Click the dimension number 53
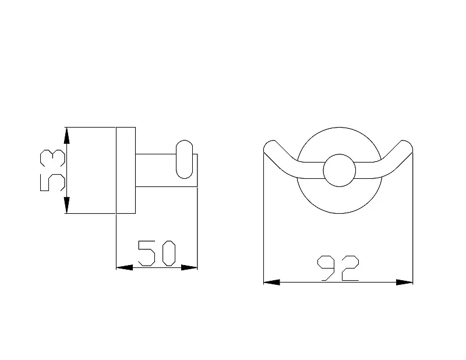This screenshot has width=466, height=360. [52, 170]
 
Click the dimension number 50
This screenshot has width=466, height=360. [157, 253]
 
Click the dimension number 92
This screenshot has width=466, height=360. [338, 268]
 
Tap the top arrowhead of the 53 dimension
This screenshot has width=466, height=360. [67, 136]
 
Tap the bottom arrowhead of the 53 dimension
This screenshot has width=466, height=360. [67, 205]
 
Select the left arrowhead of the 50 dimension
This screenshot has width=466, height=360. [124, 267]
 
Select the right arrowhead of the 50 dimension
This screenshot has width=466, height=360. [189, 267]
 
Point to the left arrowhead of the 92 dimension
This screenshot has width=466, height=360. [271, 282]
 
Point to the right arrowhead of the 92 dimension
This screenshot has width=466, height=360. [404, 282]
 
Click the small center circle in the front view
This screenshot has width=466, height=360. [340, 170]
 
